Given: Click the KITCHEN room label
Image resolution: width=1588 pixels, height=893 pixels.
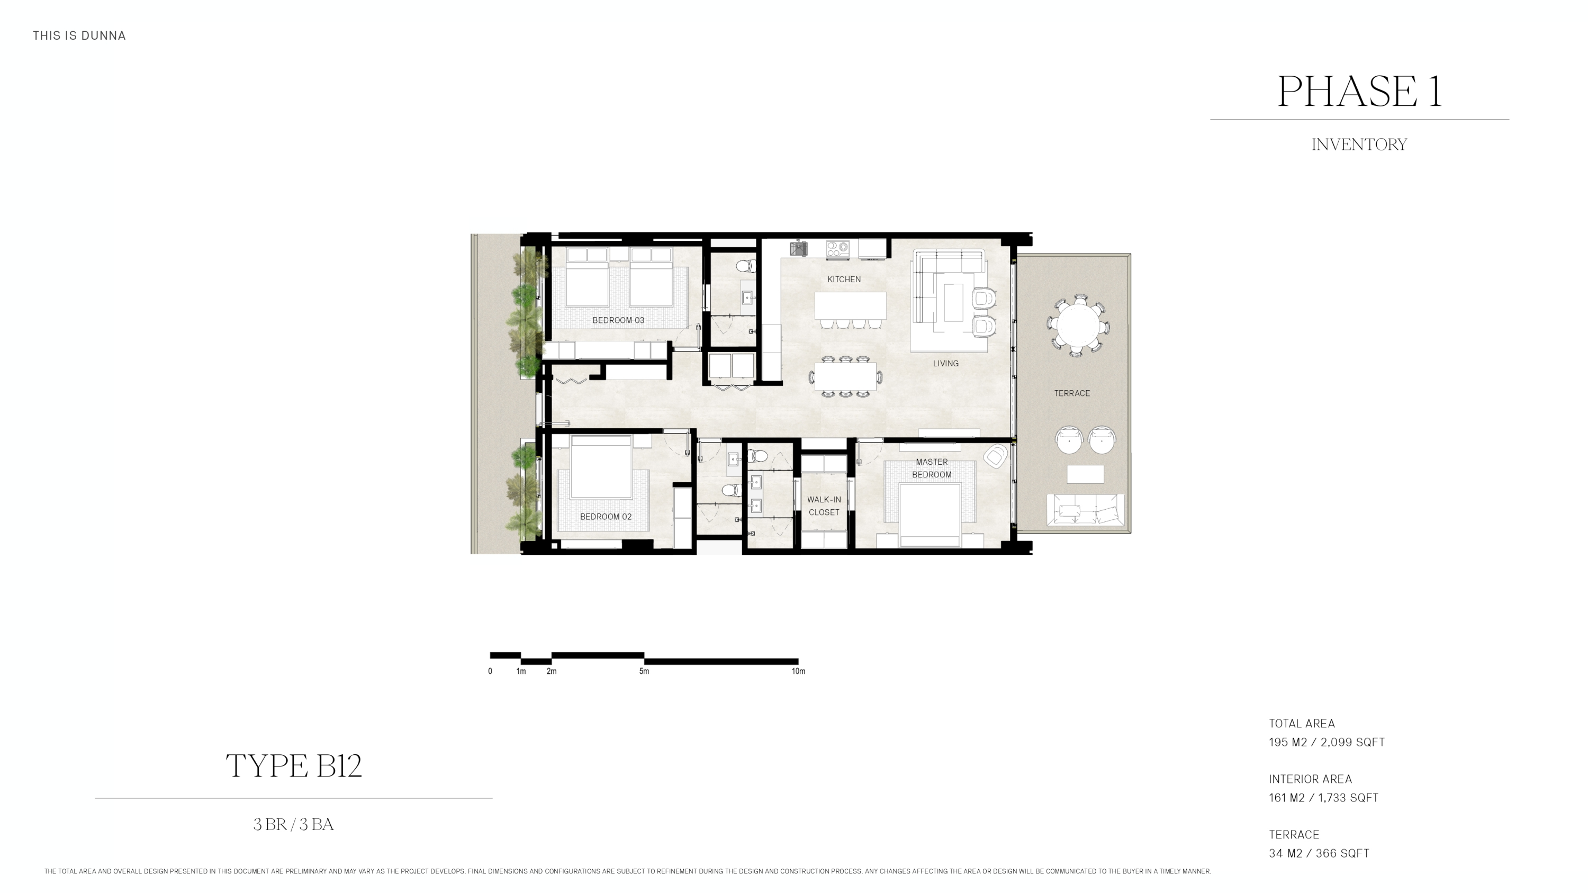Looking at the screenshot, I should (843, 279).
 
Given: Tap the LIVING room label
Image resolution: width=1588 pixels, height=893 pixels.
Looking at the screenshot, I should (945, 364).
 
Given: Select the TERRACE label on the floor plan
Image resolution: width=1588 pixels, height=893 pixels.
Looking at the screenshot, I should (1071, 393).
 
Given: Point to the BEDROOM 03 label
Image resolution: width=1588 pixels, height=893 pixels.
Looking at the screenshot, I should (618, 320).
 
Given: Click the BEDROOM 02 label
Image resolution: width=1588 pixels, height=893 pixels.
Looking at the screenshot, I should (606, 517).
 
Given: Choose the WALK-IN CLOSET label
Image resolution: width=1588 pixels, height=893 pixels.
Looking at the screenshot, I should (824, 506).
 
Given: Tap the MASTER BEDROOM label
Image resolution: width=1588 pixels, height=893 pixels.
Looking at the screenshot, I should (932, 468).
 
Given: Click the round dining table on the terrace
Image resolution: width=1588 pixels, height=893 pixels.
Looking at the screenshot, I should (1078, 324).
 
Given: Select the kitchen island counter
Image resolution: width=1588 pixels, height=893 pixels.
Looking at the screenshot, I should (850, 305).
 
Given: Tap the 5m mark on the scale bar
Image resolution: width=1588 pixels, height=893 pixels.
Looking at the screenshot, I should (644, 671).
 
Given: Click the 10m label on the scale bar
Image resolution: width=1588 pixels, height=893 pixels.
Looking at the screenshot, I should (798, 671).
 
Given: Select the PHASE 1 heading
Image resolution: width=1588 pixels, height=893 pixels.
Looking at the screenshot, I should (1359, 91).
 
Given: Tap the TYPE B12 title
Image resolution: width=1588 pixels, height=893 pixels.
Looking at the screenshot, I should (293, 766).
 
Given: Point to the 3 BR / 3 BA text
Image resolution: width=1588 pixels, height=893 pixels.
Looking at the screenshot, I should (293, 825).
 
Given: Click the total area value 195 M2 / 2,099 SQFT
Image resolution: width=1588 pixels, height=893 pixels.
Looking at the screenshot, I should (1327, 743).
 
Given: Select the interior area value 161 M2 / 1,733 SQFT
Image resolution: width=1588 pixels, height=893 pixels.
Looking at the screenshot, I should (1323, 798).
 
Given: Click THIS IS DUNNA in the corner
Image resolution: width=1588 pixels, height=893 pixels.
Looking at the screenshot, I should (79, 36).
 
